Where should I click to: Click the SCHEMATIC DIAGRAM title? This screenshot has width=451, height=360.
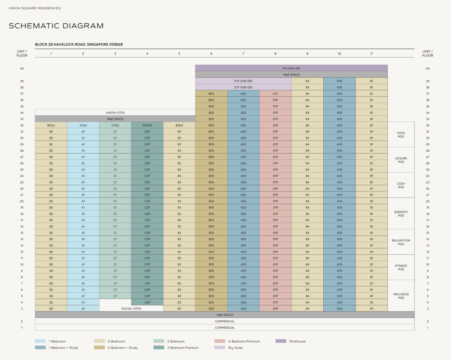pyautogui.click(x=56, y=26)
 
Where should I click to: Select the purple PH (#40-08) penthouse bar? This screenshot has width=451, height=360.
pyautogui.click(x=291, y=68)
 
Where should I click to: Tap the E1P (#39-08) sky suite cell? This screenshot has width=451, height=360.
pyautogui.click(x=243, y=81)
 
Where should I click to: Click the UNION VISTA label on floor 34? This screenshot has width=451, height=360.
pyautogui.click(x=115, y=113)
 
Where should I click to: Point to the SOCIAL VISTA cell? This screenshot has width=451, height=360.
pyautogui.click(x=131, y=309)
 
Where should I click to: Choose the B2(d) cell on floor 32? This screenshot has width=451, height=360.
pyautogui.click(x=51, y=125)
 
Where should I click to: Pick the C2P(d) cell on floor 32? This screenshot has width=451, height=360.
pyautogui.click(x=147, y=125)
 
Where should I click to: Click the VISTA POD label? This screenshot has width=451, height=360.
pyautogui.click(x=401, y=135)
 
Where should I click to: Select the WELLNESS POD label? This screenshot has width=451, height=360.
pyautogui.click(x=401, y=296)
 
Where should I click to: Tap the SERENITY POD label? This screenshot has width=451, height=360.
pyautogui.click(x=401, y=213)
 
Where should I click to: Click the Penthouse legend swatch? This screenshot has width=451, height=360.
pyautogui.click(x=281, y=341)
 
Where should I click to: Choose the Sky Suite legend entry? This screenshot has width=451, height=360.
pyautogui.click(x=235, y=348)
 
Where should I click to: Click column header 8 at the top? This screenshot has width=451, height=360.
pyautogui.click(x=275, y=54)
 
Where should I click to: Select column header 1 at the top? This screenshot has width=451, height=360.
pyautogui.click(x=51, y=54)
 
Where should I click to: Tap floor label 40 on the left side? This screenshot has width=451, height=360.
pyautogui.click(x=22, y=68)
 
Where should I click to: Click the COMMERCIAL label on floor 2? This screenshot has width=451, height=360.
pyautogui.click(x=225, y=321)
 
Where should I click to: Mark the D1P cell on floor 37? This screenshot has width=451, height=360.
pyautogui.click(x=275, y=94)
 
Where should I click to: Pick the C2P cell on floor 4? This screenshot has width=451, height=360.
pyautogui.click(x=147, y=302)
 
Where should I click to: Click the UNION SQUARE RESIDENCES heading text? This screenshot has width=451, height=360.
pyautogui.click(x=34, y=8)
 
